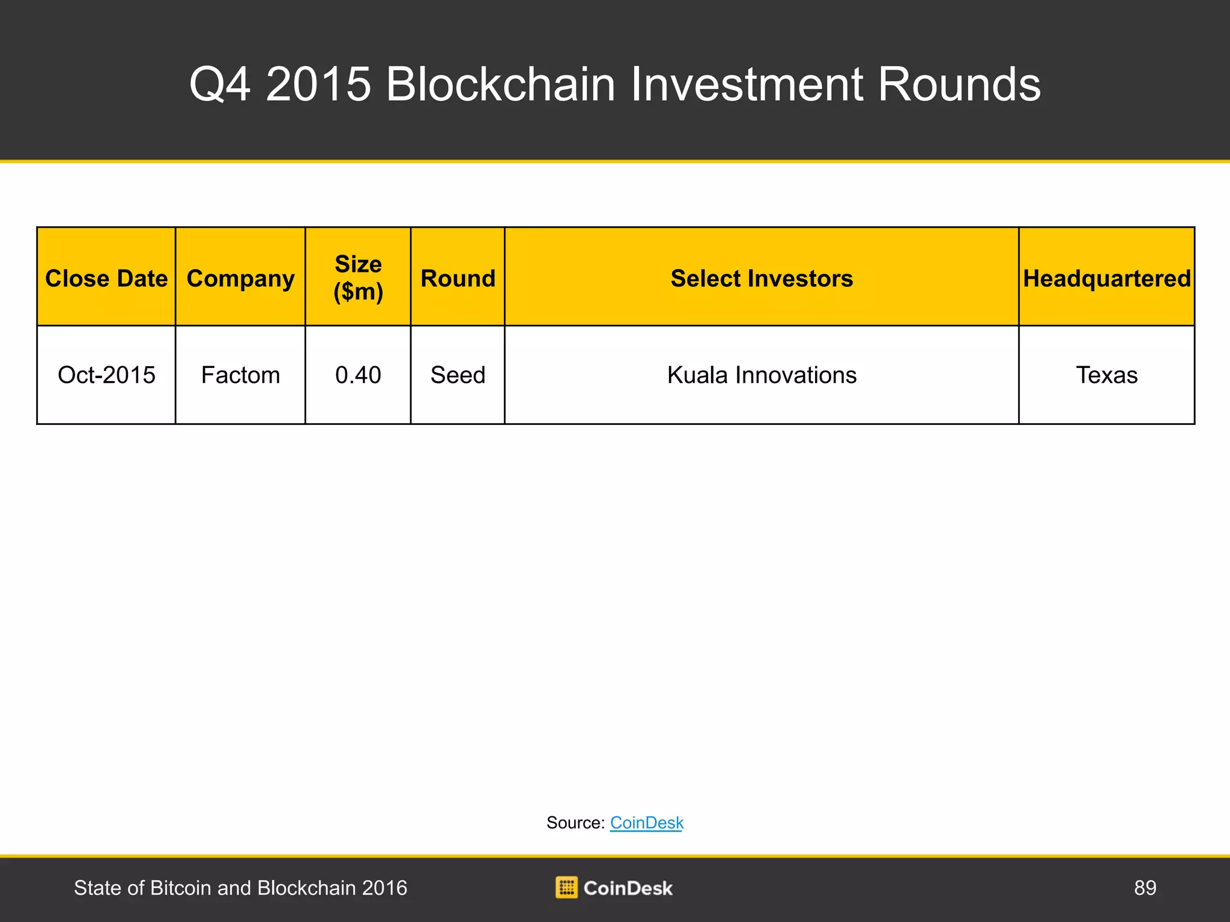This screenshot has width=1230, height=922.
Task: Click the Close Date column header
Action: pyautogui.click(x=106, y=279)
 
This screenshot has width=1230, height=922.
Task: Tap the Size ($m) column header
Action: pyautogui.click(x=358, y=278)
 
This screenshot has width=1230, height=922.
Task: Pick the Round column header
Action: pyautogui.click(x=458, y=279)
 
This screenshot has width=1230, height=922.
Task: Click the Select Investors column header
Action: pyautogui.click(x=762, y=279)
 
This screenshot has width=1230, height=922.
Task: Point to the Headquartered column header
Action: pyautogui.click(x=1107, y=279)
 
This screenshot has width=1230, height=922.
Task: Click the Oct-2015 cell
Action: pyautogui.click(x=106, y=375)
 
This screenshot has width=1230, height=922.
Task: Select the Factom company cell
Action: pyautogui.click(x=240, y=375)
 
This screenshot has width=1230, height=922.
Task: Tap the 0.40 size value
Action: pyautogui.click(x=358, y=375)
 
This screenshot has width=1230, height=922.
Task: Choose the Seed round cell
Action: pyautogui.click(x=458, y=375)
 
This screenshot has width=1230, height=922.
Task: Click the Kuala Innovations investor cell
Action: pyautogui.click(x=762, y=375)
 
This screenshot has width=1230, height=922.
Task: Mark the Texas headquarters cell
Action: pyautogui.click(x=1107, y=375)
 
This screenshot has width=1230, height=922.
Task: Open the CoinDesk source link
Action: pyautogui.click(x=647, y=822)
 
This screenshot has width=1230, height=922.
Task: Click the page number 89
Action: pyautogui.click(x=1145, y=888)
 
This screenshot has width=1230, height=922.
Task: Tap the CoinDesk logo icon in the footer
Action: pyautogui.click(x=566, y=888)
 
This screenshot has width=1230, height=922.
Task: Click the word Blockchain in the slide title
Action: pyautogui.click(x=501, y=84)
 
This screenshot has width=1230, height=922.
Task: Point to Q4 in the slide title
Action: pyautogui.click(x=220, y=85)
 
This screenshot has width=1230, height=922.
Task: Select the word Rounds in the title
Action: pyautogui.click(x=959, y=84)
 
